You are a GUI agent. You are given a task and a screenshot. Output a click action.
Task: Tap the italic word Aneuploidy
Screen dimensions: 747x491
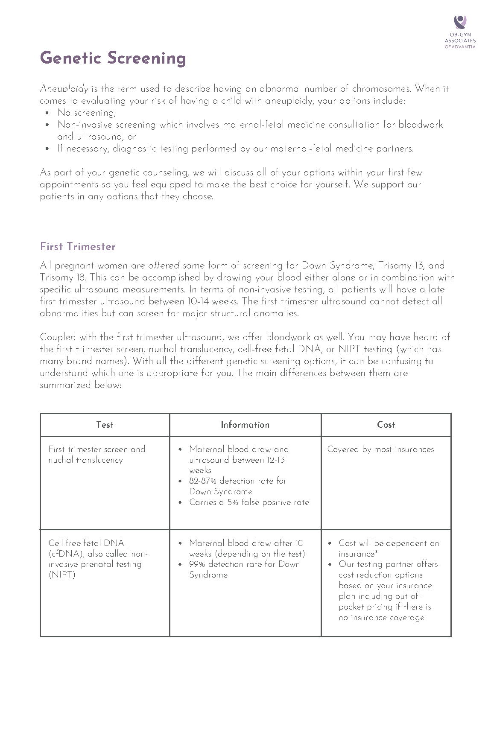coord(64,89)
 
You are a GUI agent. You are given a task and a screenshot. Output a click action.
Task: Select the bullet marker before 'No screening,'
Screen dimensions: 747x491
coord(47,113)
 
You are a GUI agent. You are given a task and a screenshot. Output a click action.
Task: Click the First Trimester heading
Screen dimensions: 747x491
coord(78,247)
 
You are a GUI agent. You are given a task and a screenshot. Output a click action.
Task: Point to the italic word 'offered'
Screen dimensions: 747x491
coord(164,266)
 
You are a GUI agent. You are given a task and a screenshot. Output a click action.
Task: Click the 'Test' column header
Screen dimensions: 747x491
coord(105,425)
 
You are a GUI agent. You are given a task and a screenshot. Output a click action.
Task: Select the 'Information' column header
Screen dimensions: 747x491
coord(245,425)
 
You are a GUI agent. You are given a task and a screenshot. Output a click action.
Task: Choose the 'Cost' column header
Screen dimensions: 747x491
coord(386,425)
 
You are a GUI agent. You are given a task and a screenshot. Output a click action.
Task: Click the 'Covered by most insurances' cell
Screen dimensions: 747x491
coord(380,449)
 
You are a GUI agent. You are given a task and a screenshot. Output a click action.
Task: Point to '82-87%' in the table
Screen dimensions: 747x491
coord(203,481)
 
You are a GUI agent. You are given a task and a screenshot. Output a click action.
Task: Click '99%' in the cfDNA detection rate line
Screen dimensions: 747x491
coord(197,564)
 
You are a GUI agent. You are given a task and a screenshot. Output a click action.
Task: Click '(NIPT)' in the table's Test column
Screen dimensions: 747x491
coord(62,575)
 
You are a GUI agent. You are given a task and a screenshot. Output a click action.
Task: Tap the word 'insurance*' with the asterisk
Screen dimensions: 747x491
coord(357,554)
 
